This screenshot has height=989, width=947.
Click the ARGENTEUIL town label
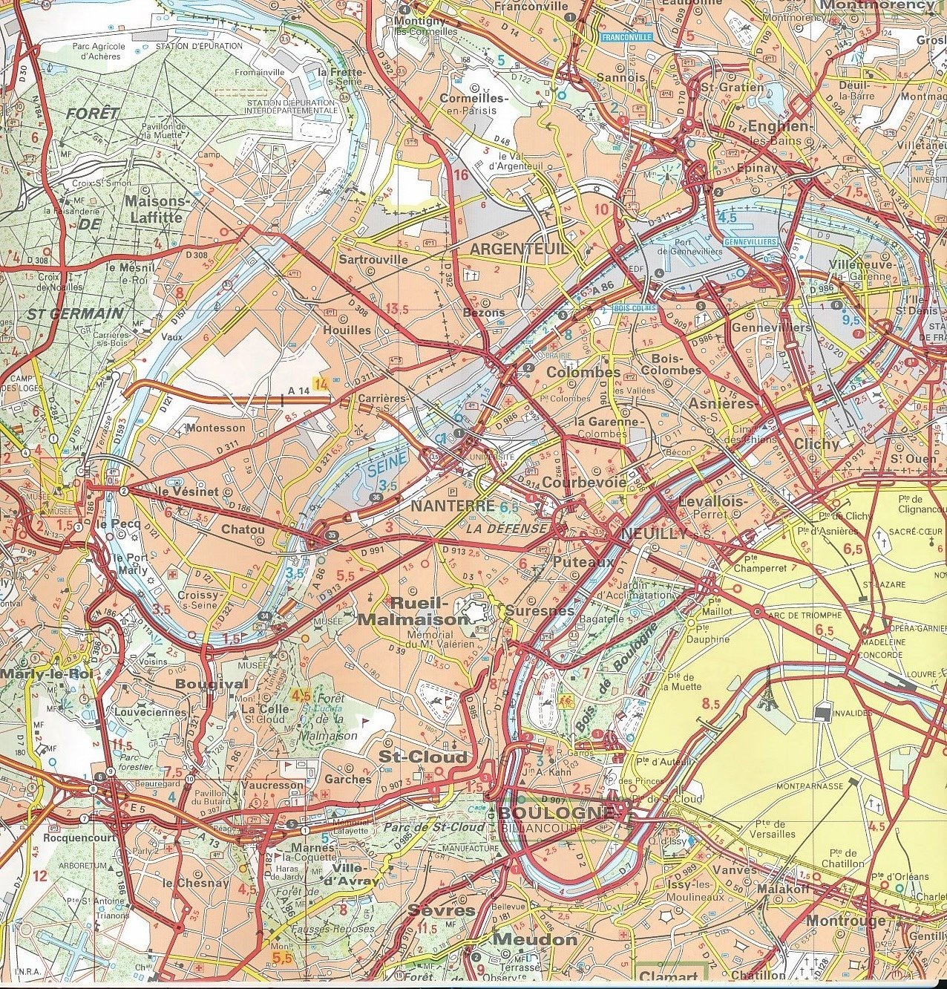tap(519, 249)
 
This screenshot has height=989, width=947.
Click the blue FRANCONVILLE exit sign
tap(627, 36)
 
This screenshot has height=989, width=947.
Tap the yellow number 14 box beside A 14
tap(321, 384)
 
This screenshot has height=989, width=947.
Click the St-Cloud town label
tap(423, 757)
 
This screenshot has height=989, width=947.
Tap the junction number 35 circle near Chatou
tap(330, 535)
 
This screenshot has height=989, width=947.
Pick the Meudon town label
tap(534, 939)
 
